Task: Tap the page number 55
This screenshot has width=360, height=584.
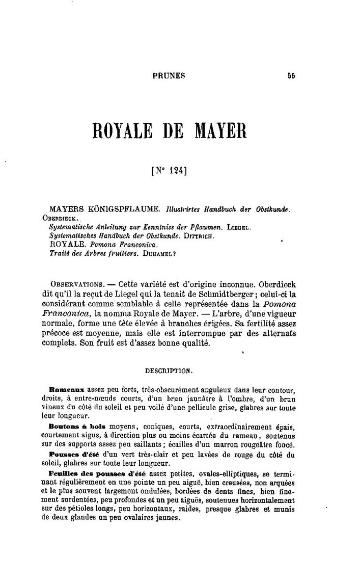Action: [291, 76]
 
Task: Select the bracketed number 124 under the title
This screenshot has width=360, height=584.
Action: [170, 171]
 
